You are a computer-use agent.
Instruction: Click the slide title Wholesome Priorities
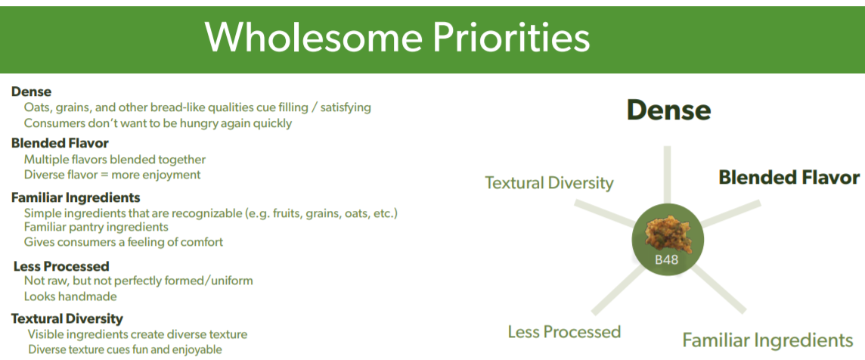[x=397, y=38]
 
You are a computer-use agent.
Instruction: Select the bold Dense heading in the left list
[x=32, y=92]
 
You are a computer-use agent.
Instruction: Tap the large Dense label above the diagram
[x=668, y=110]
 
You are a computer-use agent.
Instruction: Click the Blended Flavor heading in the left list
[x=60, y=143]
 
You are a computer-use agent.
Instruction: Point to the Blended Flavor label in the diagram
[x=789, y=177]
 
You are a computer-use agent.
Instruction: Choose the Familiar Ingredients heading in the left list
[x=76, y=197]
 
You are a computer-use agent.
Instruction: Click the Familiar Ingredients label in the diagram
[x=767, y=340]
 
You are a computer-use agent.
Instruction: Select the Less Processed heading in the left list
[x=61, y=266]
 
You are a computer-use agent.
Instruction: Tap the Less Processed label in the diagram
[x=564, y=332]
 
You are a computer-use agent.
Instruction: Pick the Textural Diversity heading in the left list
[x=67, y=318]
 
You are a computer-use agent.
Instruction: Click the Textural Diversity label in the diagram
[x=549, y=183]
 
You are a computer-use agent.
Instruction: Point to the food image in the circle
[x=668, y=234]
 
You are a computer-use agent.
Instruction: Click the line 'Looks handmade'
[x=70, y=296]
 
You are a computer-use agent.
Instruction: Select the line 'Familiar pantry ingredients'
[x=96, y=227]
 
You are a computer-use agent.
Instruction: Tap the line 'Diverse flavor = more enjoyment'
[x=112, y=175]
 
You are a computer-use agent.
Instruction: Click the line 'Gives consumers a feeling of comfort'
[x=123, y=242]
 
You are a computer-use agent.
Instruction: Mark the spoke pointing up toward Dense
[x=667, y=175]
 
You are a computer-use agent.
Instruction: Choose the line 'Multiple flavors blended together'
[x=115, y=160]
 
